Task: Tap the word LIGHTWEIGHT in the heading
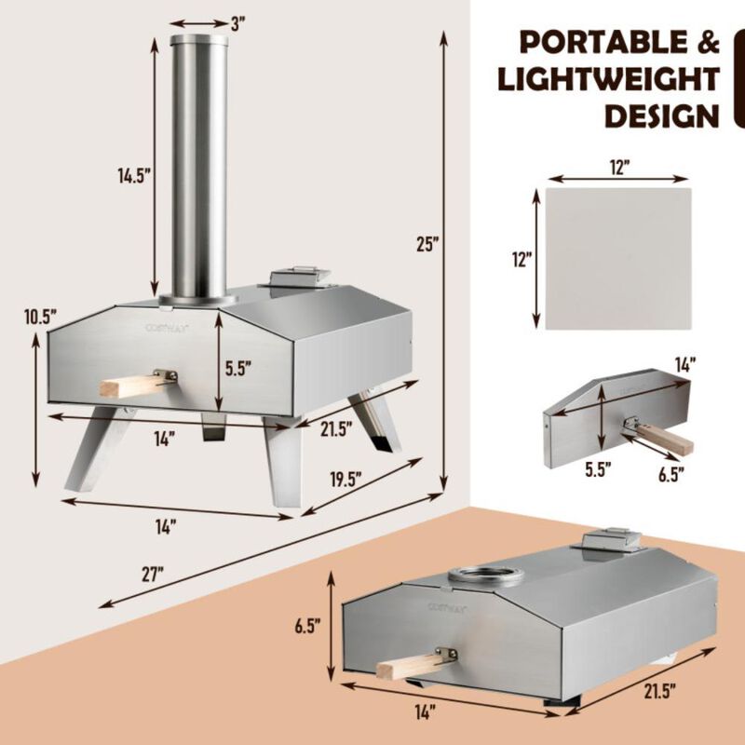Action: pos(609,79)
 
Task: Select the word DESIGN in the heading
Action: pos(662,115)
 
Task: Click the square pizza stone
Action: pos(618,258)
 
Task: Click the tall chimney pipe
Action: pos(198,168)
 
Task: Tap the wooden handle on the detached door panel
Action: pos(662,436)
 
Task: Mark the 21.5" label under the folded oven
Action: pos(657,691)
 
